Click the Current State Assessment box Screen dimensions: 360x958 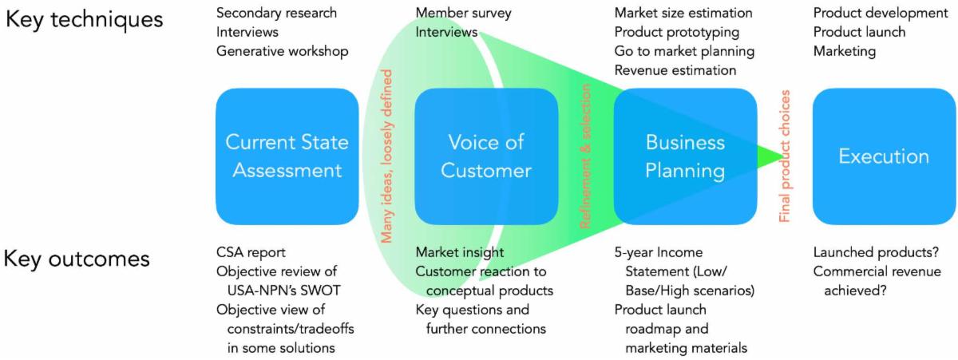tap(287, 156)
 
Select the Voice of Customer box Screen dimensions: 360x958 tap(486, 156)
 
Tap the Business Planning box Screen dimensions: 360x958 tap(685, 156)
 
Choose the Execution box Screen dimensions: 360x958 tap(884, 156)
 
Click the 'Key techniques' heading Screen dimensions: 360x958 tap(84, 19)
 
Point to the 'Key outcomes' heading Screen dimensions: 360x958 tap(77, 259)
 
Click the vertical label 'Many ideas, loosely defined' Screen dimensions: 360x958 tap(387, 156)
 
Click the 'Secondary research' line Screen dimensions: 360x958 tap(276, 13)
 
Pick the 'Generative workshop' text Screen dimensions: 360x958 tap(282, 51)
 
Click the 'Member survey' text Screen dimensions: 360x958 tap(464, 13)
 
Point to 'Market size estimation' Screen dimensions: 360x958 tap(683, 13)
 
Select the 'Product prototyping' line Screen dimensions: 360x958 tap(676, 32)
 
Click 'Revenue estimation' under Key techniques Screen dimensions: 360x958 tap(675, 70)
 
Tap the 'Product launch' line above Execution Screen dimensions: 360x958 tap(859, 32)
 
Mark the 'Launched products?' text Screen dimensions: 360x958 tap(874, 252)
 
